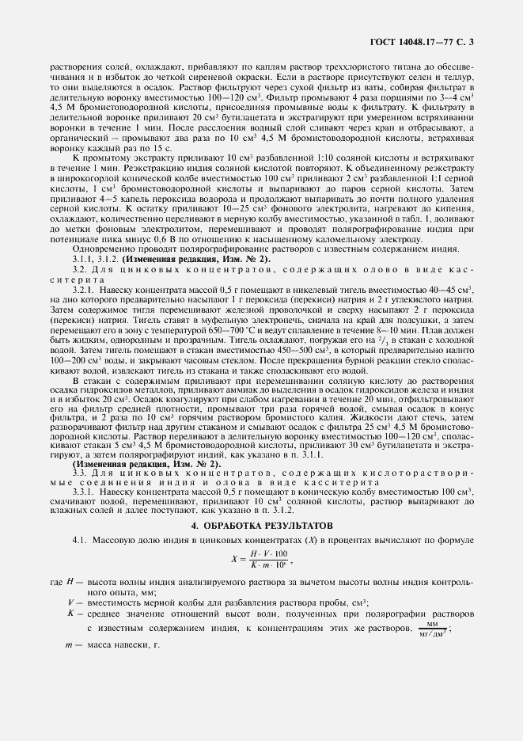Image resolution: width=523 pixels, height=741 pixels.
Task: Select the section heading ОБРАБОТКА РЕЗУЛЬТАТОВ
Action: (261, 525)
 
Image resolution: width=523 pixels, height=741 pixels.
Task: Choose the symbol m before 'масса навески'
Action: (70, 645)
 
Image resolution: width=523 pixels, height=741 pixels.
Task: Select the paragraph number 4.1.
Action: (78, 539)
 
